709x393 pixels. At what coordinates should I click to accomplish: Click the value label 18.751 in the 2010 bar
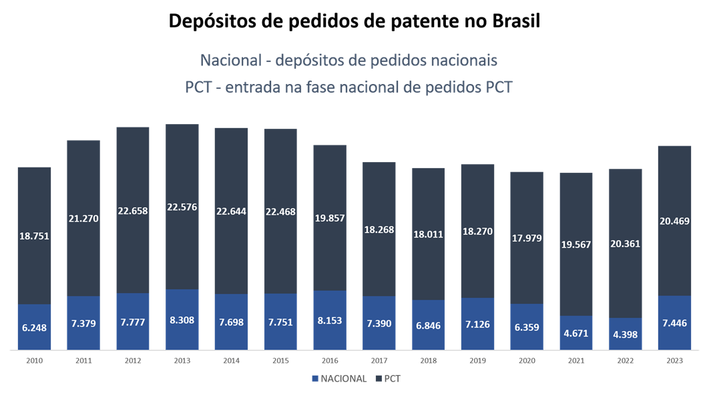click(x=34, y=236)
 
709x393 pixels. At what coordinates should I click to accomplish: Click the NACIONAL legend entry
click(x=339, y=378)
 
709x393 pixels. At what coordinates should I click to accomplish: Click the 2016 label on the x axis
click(x=330, y=360)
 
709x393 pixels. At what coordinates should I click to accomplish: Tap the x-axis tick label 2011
click(x=83, y=360)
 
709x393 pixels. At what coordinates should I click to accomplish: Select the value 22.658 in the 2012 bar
click(x=133, y=211)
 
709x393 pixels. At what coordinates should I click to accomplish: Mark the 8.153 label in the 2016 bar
click(x=330, y=321)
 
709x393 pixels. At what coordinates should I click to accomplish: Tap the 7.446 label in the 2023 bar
click(x=674, y=322)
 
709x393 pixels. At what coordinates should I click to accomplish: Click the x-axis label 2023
click(x=674, y=360)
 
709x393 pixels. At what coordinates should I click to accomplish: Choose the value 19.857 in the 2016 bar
click(x=330, y=219)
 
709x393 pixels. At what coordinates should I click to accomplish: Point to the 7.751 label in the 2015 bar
click(x=280, y=322)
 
